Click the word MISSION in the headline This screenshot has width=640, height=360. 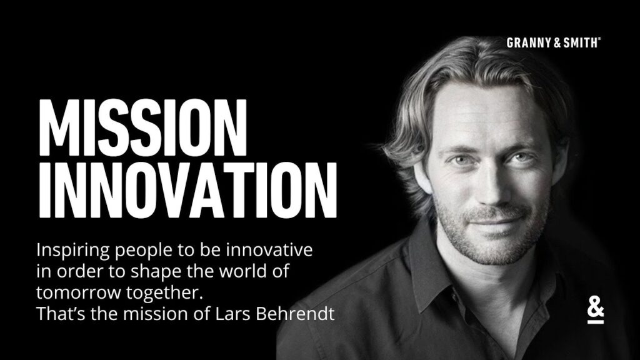click(x=142, y=127)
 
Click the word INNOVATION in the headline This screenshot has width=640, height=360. click(x=187, y=191)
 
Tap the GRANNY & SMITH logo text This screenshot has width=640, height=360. click(x=554, y=42)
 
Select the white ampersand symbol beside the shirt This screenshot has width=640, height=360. click(x=596, y=314)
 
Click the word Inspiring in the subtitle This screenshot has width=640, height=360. click(x=73, y=251)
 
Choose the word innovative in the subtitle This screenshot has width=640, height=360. click(x=269, y=250)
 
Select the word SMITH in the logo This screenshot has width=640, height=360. click(x=581, y=42)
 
